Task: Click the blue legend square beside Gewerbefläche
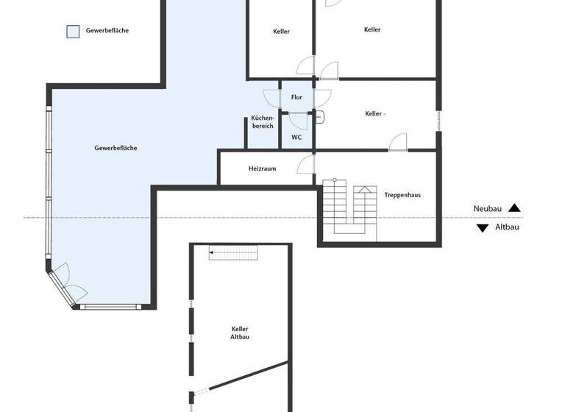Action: [73, 31]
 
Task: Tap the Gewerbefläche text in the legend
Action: [107, 31]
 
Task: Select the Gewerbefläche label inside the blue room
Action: [116, 148]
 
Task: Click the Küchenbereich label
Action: [263, 122]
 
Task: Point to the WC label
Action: [296, 137]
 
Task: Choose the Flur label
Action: [297, 97]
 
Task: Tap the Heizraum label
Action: [262, 168]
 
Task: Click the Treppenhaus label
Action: [402, 195]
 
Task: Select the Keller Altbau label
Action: [240, 333]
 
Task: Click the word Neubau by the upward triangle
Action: [487, 209]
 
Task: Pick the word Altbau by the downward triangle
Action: [506, 228]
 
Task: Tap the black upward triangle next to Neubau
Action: [514, 209]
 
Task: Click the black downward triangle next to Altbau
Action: [483, 228]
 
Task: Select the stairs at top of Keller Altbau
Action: [234, 253]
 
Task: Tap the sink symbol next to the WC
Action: [319, 116]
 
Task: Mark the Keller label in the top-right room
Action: [372, 30]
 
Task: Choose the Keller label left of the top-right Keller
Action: [281, 32]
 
